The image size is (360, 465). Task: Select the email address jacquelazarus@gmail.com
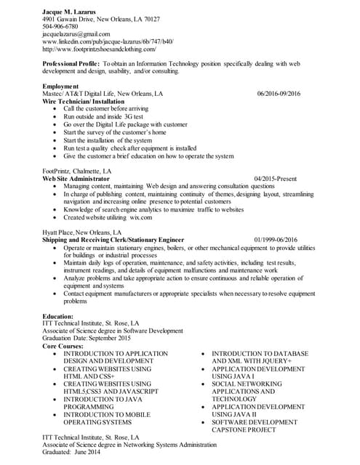(76, 34)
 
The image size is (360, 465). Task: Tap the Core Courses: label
(63, 346)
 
